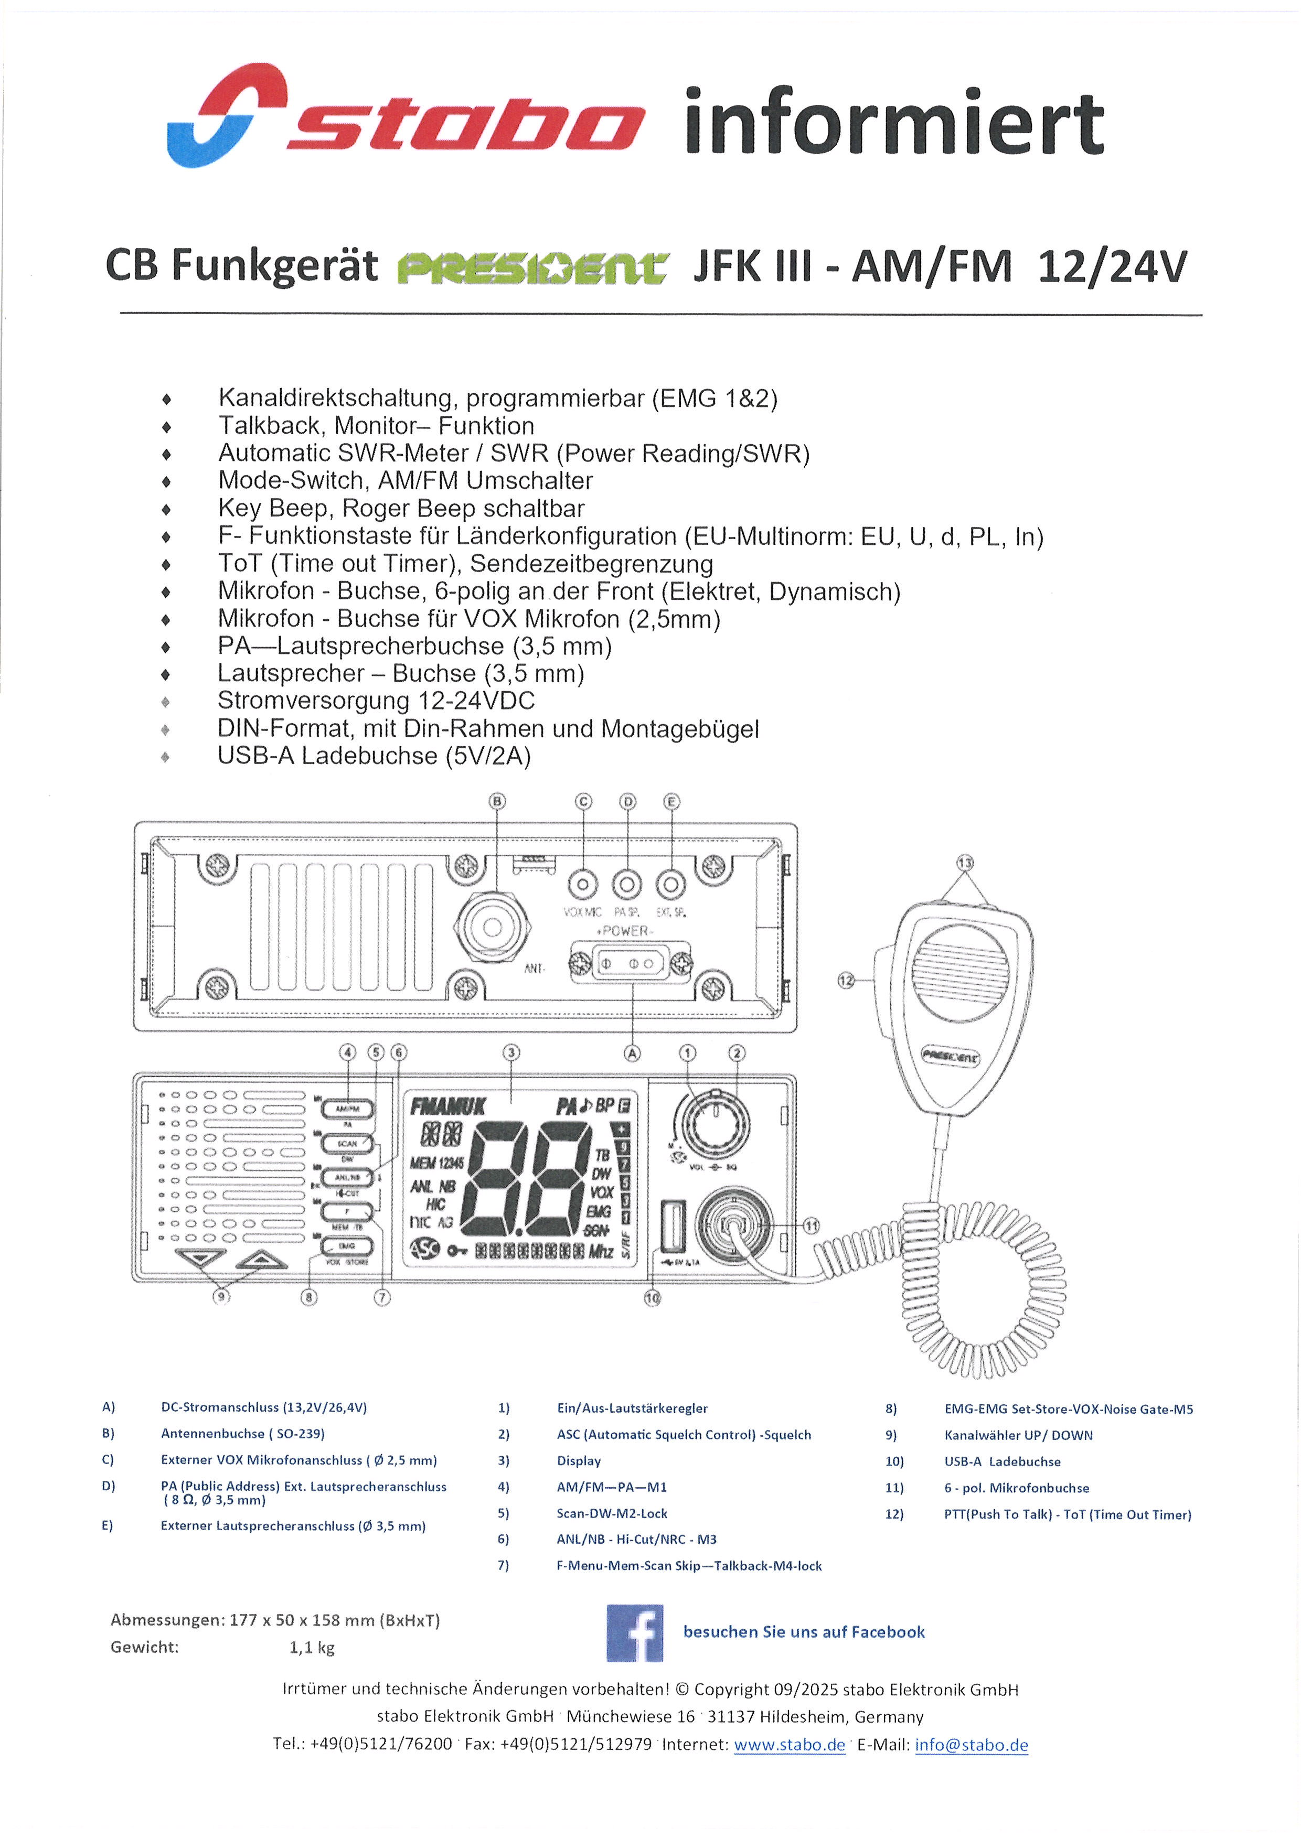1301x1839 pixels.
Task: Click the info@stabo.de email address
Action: (x=971, y=1745)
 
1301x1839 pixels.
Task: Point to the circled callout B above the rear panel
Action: (x=497, y=801)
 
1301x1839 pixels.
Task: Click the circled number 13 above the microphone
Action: (x=965, y=863)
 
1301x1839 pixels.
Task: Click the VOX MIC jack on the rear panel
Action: (x=582, y=885)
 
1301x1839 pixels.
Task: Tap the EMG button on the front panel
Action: (x=346, y=1246)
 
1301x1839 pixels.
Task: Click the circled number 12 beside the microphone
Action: (x=846, y=980)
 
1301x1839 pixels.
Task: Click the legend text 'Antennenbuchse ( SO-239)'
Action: (x=243, y=1434)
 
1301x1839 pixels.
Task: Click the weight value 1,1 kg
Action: (x=312, y=1648)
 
